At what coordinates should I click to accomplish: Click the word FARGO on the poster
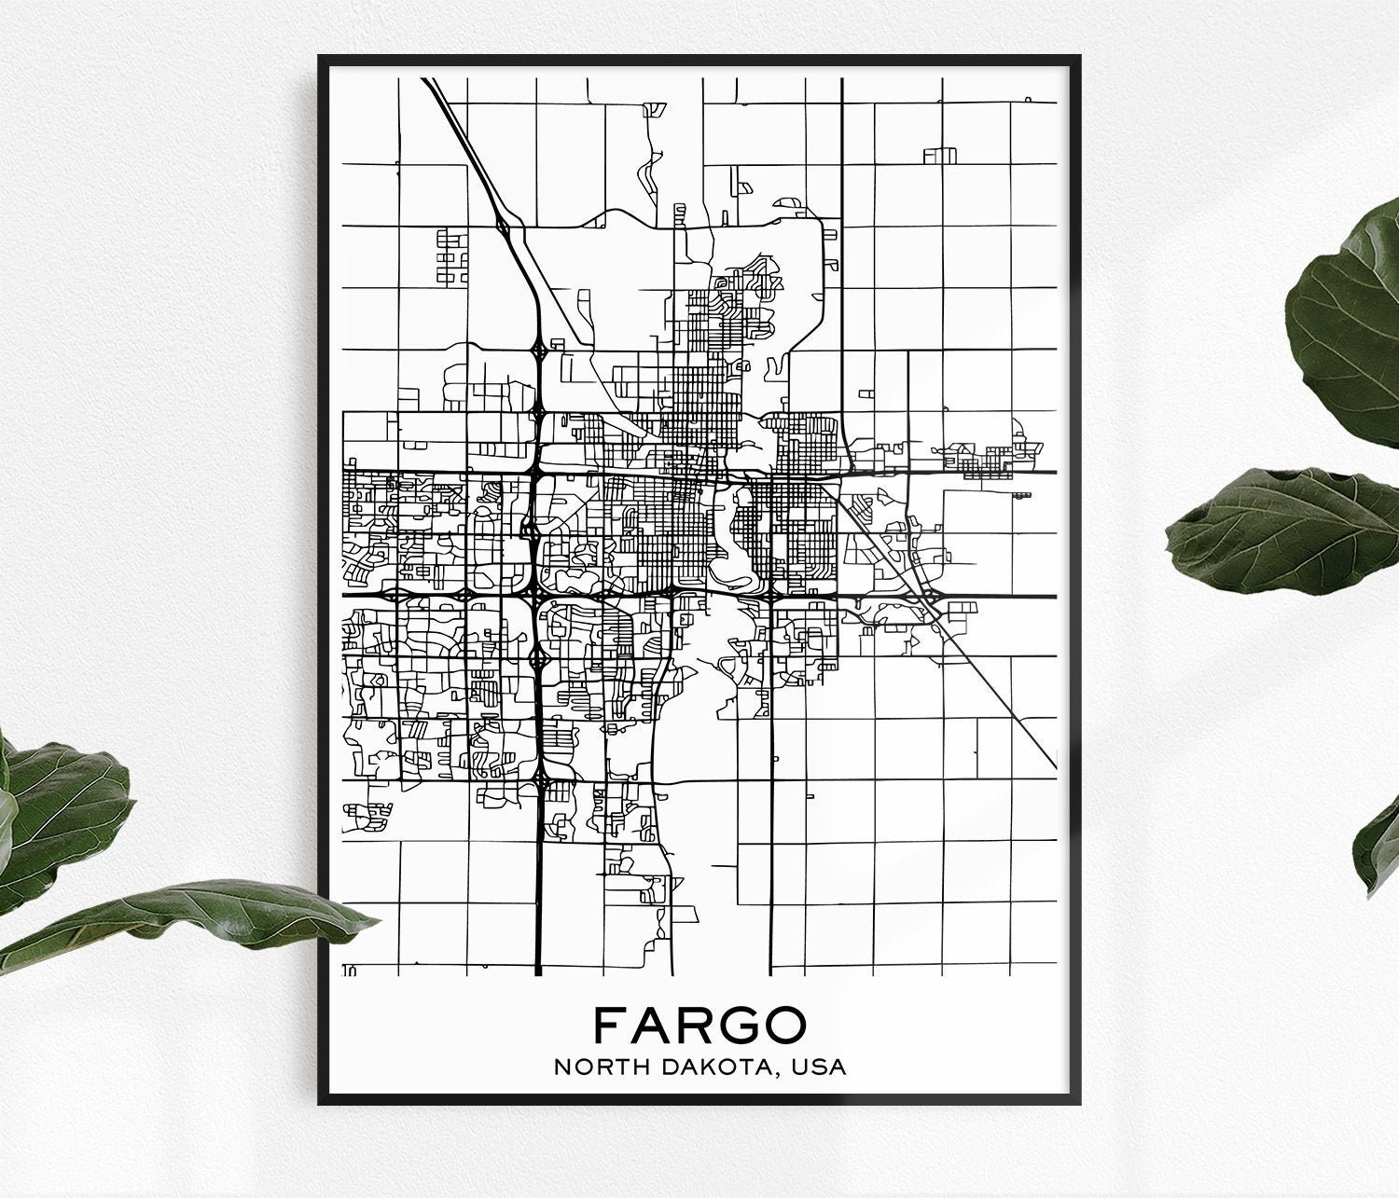[699, 1025]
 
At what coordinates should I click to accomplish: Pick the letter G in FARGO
[740, 1025]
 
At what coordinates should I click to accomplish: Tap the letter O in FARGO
[786, 1025]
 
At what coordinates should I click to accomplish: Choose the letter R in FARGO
[696, 1025]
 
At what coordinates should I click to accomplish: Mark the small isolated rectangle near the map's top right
[940, 156]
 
